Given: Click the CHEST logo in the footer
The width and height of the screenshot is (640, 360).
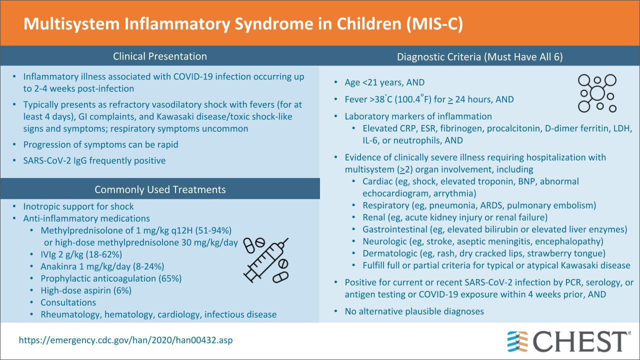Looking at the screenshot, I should pos(568,341).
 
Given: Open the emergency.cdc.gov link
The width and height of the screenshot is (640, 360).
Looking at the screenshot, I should pos(125,340).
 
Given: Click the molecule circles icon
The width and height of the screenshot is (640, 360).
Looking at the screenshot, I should pos(597,93).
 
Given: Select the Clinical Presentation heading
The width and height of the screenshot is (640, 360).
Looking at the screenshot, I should pos(160,56).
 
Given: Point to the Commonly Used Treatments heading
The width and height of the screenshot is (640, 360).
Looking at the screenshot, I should pos(160,189).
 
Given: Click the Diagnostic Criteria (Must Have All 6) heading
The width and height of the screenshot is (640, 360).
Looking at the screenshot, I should pos(480,56).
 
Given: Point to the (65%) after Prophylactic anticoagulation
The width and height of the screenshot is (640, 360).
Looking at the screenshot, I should pos(169,278).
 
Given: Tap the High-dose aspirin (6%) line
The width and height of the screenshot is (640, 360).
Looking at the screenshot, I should pos(86,290).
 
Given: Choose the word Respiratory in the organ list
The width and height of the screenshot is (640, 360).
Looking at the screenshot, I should pos(386,205).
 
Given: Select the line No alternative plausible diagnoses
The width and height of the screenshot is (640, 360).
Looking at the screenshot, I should pos(414,311).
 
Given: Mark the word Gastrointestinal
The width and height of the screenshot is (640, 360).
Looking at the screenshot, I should pos(395,229).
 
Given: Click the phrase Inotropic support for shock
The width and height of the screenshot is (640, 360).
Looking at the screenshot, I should pos(78,206).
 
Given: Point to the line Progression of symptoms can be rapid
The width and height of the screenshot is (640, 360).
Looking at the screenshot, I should pos(101,144).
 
